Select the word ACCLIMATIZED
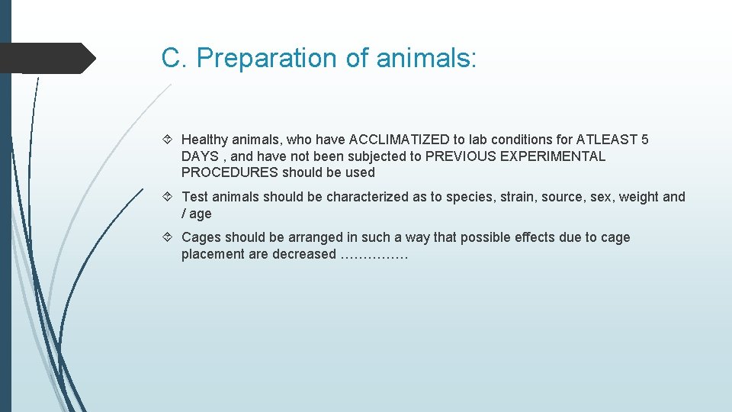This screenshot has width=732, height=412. pos(400,140)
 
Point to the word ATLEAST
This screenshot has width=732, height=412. pos(606,140)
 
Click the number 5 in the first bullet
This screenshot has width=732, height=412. pos(645,140)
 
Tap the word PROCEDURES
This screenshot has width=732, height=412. pos(230,172)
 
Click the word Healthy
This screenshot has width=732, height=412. pos(204,140)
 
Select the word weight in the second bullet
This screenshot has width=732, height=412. pos(638,197)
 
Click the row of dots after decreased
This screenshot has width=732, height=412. pos(374,256)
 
